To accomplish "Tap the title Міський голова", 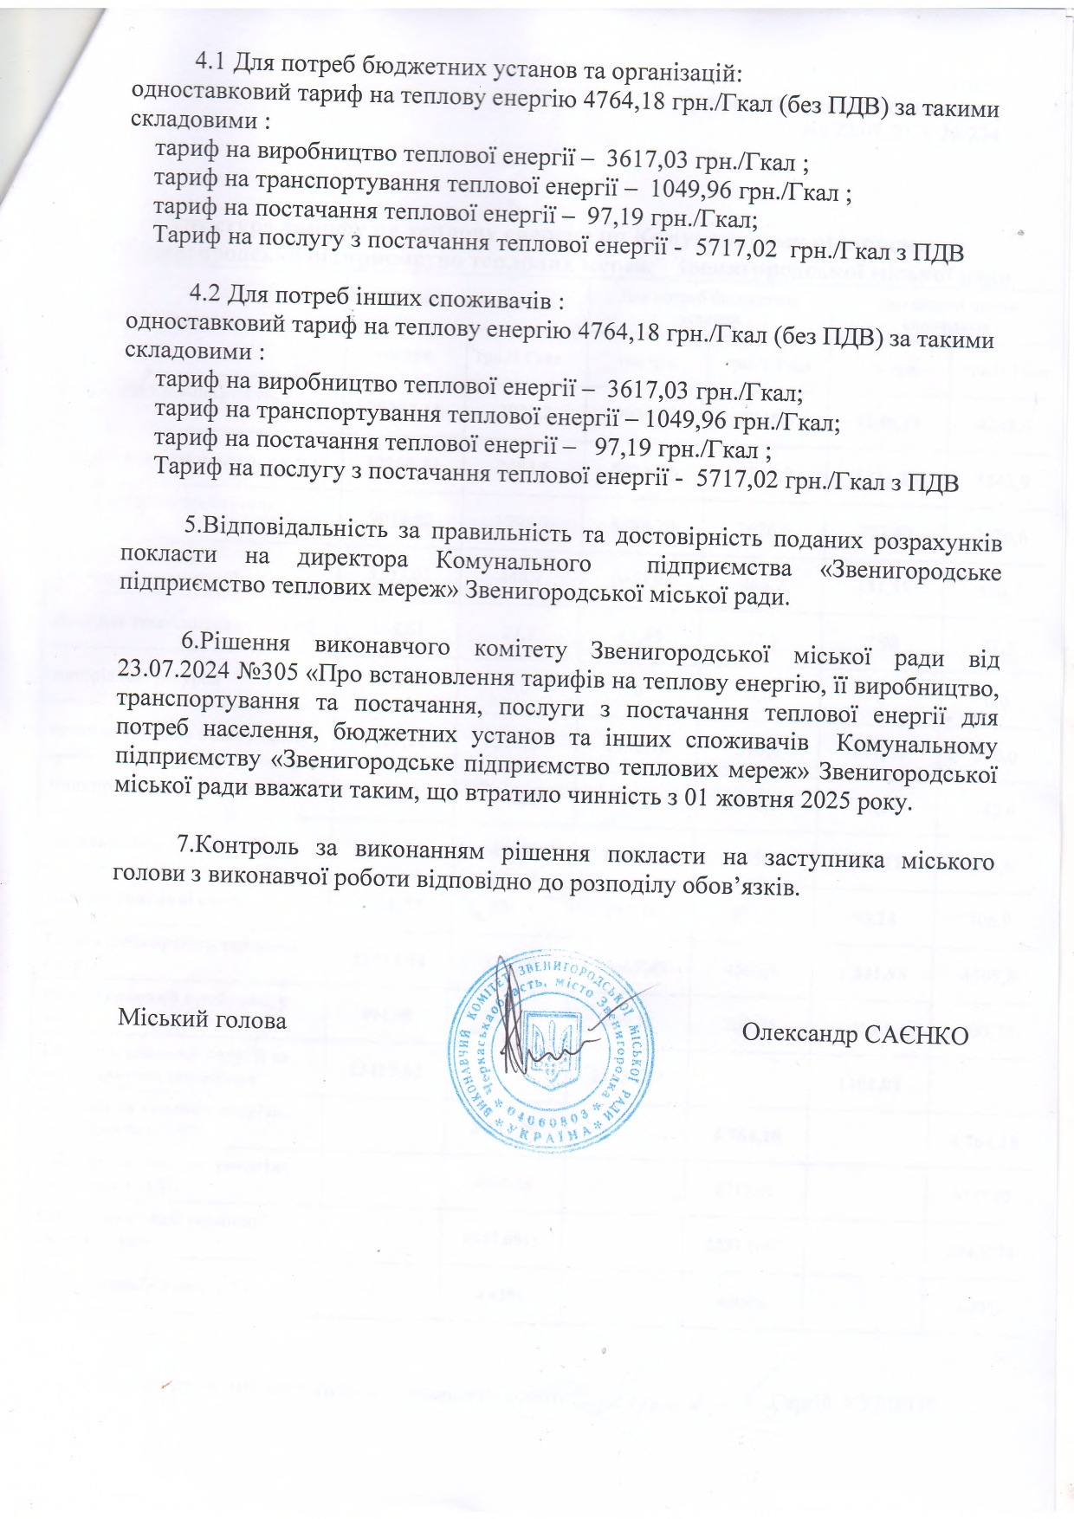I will (202, 1019).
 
